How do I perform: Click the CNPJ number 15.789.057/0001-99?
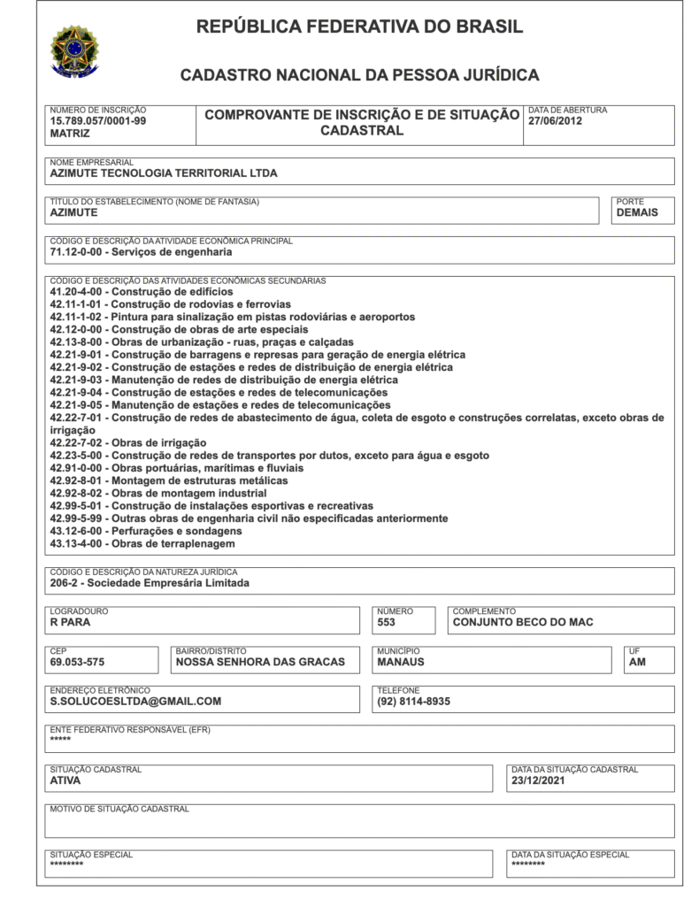(x=98, y=121)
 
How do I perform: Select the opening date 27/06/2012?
(x=555, y=121)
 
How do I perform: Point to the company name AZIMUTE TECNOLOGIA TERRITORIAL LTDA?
(x=164, y=173)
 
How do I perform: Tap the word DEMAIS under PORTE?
(x=637, y=212)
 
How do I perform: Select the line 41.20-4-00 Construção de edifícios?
(x=142, y=291)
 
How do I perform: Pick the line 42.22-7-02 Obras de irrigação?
(x=128, y=442)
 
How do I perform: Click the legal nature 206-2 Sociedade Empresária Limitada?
(x=150, y=583)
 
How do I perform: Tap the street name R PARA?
(x=71, y=622)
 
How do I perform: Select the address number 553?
(x=387, y=622)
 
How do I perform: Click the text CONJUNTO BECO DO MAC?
(x=523, y=622)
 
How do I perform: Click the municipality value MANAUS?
(x=401, y=662)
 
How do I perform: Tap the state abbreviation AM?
(x=638, y=662)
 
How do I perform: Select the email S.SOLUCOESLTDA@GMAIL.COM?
(x=135, y=702)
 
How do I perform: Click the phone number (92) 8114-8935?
(x=413, y=702)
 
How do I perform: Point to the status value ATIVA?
(x=66, y=781)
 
